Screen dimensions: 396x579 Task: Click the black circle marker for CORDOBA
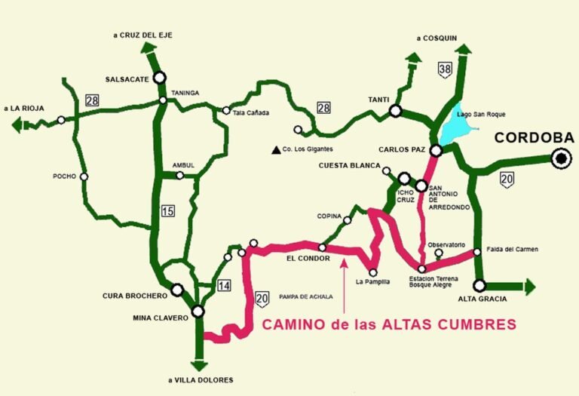560,158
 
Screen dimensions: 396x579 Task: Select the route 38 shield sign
445,71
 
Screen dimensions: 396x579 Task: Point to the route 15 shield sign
168,210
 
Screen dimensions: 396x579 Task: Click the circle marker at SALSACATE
159,77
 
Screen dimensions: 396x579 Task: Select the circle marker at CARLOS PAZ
436,150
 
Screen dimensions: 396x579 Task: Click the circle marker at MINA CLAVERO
198,311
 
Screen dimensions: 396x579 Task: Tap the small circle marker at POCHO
84,177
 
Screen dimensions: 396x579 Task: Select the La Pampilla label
372,282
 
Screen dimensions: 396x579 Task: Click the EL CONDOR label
305,256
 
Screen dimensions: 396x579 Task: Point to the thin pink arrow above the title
344,287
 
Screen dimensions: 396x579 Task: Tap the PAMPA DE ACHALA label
305,296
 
